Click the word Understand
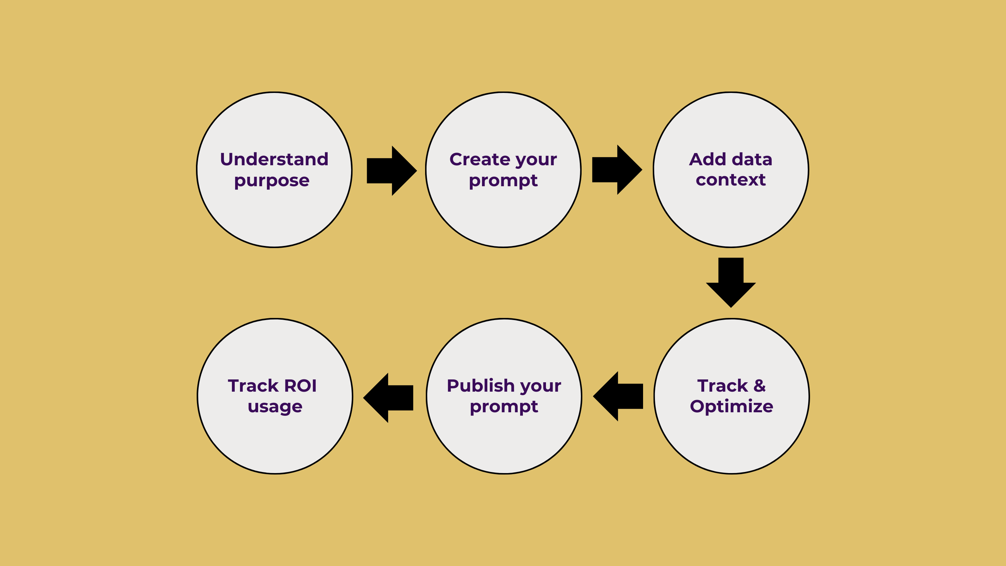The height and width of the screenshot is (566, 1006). click(x=274, y=159)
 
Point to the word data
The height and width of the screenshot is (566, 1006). click(x=752, y=159)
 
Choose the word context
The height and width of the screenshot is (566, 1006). click(x=731, y=180)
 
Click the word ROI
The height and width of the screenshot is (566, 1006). click(x=300, y=386)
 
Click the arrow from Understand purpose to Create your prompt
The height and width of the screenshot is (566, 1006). click(x=392, y=171)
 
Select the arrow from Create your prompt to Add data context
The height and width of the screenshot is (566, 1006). click(x=617, y=169)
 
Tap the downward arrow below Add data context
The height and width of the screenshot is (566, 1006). click(x=731, y=282)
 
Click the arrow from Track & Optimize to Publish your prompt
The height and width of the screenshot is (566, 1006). click(x=618, y=397)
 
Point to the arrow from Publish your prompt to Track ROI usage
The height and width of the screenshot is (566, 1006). click(x=388, y=398)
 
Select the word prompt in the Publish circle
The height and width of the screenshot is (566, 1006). click(x=504, y=407)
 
